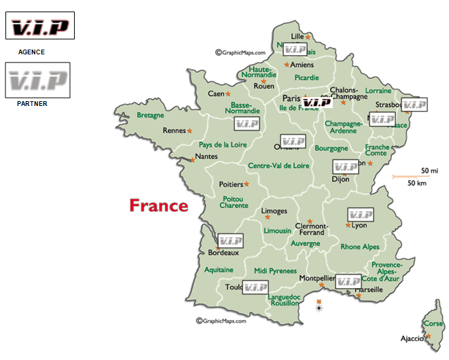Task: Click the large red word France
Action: coord(159,205)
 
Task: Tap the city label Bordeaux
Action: coord(223,253)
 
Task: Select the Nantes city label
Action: coord(206,158)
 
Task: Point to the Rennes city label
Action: coord(175,131)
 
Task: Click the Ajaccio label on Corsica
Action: coord(411,338)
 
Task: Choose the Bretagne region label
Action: coord(150,115)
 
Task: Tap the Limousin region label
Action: coord(277,231)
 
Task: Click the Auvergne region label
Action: coord(305,242)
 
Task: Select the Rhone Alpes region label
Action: coord(360,247)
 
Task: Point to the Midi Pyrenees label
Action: coord(275,270)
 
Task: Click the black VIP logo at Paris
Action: coord(317,103)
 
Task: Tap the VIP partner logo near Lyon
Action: coord(360,215)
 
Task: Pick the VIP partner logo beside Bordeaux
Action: coord(230,240)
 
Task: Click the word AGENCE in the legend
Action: coord(31,52)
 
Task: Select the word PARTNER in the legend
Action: coord(32,103)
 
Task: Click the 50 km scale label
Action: coord(416,183)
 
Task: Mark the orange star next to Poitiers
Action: coord(247,183)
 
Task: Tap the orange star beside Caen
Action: coord(228,94)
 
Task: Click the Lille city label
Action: coord(298,36)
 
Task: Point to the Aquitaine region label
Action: coord(219,270)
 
